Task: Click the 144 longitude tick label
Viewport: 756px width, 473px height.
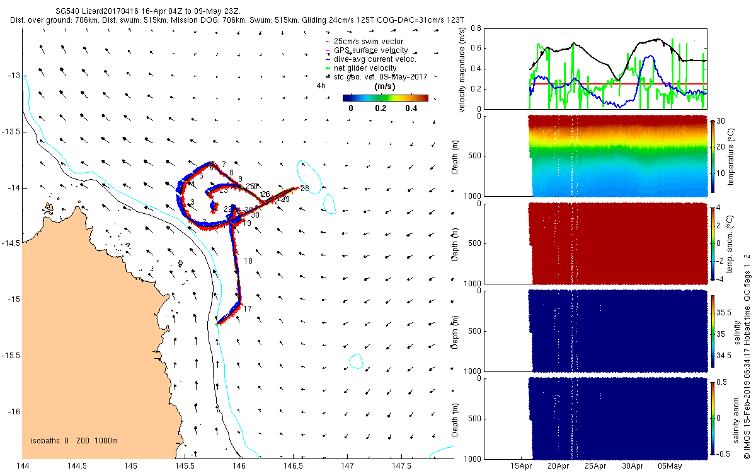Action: (23, 466)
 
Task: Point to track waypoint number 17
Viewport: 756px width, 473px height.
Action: (248, 309)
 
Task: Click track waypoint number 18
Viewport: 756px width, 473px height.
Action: (248, 261)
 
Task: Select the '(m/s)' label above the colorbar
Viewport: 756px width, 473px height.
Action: (384, 86)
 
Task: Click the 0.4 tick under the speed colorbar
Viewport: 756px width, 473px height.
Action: (412, 108)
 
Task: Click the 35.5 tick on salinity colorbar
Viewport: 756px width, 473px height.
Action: (724, 312)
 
